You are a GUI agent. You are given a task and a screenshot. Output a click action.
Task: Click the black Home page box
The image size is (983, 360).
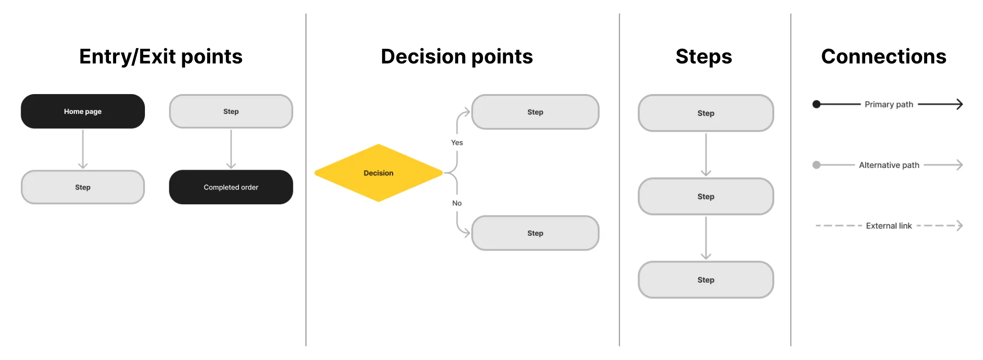(83, 111)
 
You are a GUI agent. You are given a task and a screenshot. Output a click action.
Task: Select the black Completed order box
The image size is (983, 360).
(231, 187)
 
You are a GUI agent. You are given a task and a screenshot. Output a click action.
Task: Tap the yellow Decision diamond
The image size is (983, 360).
(378, 173)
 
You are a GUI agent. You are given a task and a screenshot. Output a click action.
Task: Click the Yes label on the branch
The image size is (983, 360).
(457, 143)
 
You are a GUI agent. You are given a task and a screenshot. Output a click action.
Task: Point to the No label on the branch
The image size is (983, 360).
(457, 203)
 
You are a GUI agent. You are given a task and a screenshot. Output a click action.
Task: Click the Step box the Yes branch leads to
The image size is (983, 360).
(535, 112)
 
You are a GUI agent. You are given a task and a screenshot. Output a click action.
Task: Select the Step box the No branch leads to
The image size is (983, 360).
(535, 233)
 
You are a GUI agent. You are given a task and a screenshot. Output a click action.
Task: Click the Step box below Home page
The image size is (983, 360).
(83, 187)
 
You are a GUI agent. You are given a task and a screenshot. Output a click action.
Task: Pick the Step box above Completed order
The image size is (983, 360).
(231, 111)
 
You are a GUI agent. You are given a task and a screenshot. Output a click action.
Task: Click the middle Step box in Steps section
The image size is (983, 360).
(706, 197)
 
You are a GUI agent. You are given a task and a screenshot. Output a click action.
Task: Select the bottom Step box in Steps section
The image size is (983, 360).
(706, 280)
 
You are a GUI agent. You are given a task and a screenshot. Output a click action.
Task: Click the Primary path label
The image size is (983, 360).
(889, 104)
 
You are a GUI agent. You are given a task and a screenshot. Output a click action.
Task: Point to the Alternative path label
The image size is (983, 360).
(889, 165)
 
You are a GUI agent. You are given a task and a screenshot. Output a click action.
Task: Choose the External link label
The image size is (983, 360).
(889, 226)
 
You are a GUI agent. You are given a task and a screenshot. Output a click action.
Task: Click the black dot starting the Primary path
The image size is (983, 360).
(816, 104)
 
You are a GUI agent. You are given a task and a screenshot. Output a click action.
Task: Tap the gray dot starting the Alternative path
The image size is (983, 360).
(816, 165)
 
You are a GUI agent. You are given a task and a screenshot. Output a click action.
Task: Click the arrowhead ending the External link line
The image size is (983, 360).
(960, 225)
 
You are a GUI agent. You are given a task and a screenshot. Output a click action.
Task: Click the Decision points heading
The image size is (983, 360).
(457, 57)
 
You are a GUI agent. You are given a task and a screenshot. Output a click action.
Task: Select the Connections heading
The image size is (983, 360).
(884, 57)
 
